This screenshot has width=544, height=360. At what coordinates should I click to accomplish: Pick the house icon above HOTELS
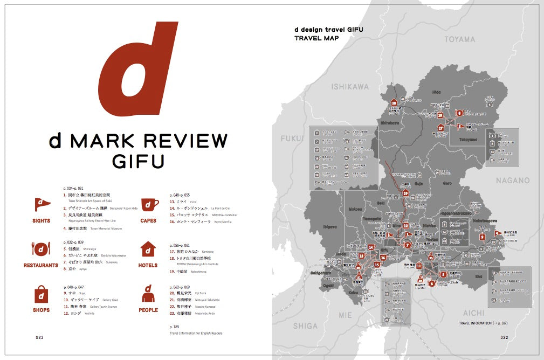tap(148, 249)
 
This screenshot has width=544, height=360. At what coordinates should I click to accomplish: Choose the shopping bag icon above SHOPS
tap(42, 294)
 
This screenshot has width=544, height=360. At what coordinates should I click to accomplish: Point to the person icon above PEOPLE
tap(148, 294)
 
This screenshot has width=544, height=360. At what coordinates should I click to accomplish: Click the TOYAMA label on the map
tap(460, 39)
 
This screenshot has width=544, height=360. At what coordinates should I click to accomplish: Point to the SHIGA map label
tap(305, 326)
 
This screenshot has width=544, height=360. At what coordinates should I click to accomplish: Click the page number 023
tap(39, 337)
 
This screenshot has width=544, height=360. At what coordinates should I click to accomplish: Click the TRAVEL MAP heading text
tap(315, 39)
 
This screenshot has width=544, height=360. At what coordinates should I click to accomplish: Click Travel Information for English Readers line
tap(196, 333)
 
